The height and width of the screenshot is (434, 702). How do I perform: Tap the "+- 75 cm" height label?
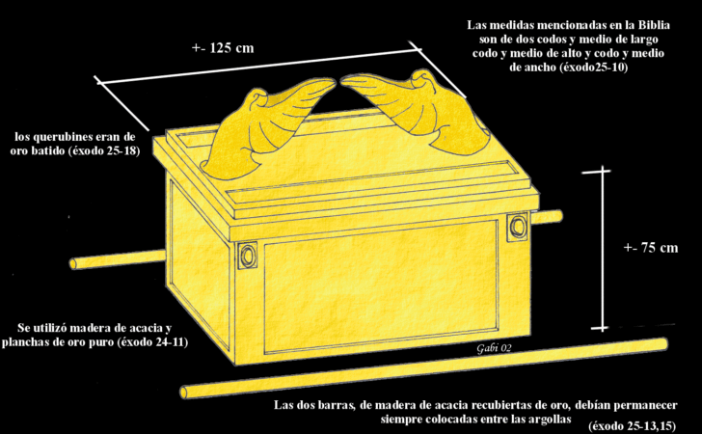pos(651,248)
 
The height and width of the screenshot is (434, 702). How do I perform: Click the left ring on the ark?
pos(247,257)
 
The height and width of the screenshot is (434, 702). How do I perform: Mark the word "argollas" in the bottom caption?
pos(546,421)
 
